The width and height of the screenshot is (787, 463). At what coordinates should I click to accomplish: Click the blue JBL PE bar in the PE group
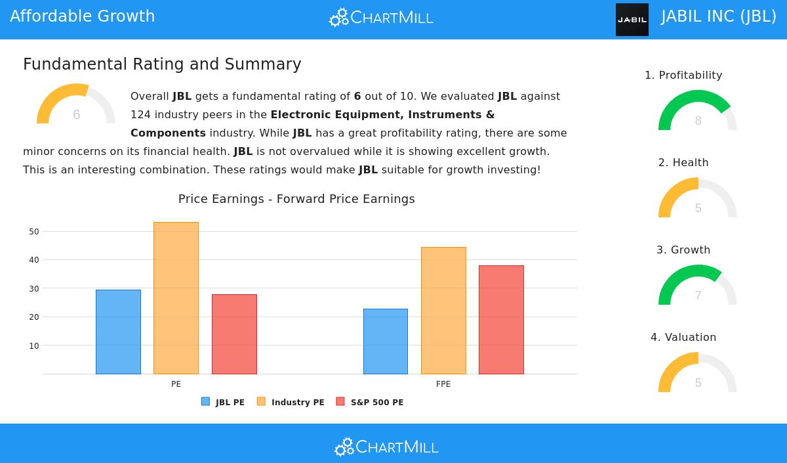118,332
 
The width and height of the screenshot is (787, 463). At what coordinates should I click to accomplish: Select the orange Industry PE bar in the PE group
176,298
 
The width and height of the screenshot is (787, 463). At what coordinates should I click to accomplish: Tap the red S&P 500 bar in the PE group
234,334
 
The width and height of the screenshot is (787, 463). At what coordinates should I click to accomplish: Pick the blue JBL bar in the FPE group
386,342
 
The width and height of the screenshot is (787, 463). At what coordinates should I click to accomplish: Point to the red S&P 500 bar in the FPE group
501,320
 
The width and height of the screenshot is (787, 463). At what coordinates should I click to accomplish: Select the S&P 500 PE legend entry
370,402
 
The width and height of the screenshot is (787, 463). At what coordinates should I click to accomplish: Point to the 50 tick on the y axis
34,232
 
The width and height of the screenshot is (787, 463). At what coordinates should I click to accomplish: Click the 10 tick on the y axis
34,345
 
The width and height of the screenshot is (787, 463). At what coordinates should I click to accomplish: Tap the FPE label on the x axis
443,384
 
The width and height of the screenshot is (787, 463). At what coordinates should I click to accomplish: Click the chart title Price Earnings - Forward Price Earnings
296,199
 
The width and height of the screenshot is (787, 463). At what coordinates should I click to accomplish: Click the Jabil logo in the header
632,20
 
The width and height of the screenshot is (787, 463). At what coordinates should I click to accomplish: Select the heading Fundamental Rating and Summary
162,64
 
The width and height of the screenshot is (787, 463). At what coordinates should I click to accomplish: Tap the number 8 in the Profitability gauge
698,121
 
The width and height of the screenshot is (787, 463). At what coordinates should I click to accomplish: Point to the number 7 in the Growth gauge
698,296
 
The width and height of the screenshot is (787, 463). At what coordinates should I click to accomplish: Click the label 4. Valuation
683,338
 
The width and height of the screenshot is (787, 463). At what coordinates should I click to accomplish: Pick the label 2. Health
683,163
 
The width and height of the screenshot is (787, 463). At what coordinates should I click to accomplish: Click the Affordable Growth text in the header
83,16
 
